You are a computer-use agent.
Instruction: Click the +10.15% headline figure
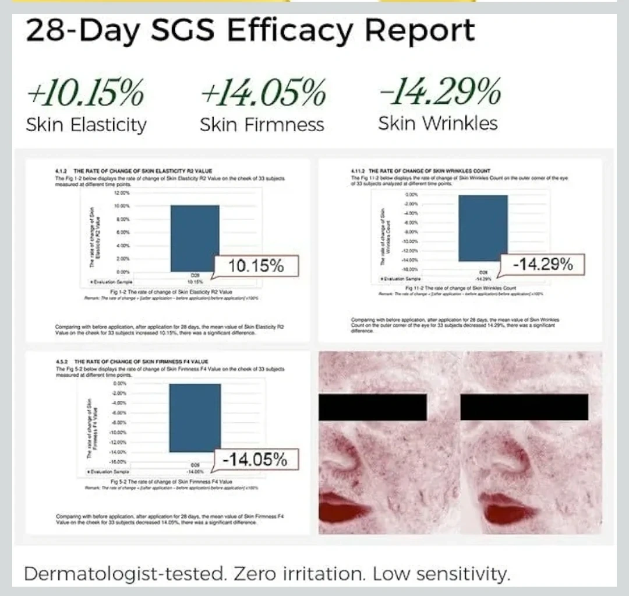[x=85, y=94]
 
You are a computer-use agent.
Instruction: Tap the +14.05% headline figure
[x=263, y=94]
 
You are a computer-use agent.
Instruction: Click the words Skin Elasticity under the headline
[x=86, y=125]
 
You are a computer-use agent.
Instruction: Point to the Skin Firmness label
[x=262, y=125]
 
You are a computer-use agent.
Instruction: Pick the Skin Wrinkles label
[x=438, y=124]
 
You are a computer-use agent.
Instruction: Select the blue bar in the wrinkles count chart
[x=483, y=228]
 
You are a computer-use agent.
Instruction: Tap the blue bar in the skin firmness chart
[x=195, y=418]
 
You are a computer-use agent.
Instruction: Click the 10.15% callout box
[x=256, y=267]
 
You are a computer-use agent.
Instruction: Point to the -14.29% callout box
[x=542, y=264]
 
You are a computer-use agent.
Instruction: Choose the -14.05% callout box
[x=256, y=460]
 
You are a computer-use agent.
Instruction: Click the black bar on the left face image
[x=373, y=406]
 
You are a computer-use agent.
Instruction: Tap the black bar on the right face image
[x=524, y=406]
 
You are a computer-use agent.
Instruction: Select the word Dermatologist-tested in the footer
[x=125, y=574]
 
